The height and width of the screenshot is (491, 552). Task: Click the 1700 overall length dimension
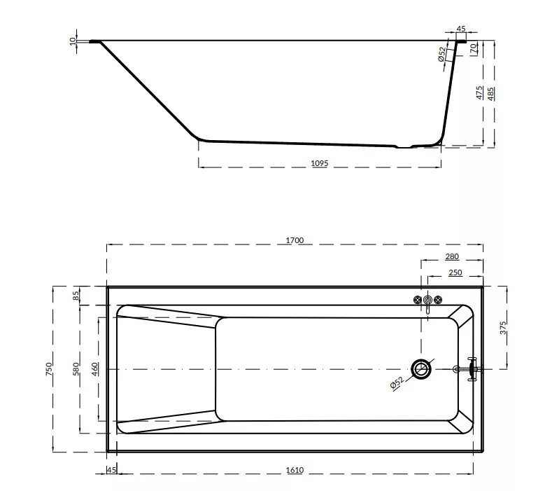295,240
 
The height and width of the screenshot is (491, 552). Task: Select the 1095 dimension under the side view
320,163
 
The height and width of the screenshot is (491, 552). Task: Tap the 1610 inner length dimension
295,470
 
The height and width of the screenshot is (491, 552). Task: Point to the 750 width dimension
49,368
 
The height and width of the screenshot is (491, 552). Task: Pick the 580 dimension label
76,368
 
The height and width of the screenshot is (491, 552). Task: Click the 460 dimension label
95,368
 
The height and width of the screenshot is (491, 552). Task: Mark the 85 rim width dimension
76,296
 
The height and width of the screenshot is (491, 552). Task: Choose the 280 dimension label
452,256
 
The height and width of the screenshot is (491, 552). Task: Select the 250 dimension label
455,273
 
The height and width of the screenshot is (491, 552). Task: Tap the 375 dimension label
504,328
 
